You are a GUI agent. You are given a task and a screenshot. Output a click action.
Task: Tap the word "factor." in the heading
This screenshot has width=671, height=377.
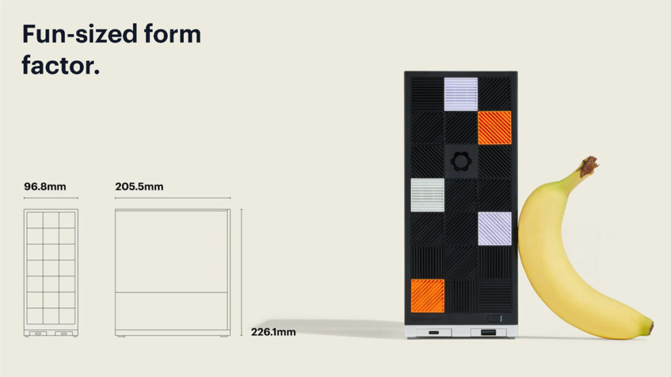[61, 65]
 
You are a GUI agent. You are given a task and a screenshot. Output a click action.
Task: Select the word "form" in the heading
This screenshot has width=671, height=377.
[172, 34]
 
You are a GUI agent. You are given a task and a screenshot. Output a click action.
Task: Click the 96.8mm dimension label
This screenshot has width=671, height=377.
[45, 187]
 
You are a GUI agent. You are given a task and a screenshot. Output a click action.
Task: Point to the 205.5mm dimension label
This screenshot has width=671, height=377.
[139, 187]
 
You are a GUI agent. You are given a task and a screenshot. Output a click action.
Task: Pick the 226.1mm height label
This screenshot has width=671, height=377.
[273, 332]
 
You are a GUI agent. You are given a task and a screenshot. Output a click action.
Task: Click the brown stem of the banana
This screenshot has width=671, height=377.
[589, 166]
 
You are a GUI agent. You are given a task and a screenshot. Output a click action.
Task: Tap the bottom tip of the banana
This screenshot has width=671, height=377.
[651, 329]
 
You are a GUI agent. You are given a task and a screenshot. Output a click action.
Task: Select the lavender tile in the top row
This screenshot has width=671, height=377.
[461, 94]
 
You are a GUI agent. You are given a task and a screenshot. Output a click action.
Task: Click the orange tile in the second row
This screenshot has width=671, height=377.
[495, 128]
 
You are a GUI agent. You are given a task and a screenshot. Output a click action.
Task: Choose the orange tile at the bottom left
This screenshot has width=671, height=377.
[427, 296]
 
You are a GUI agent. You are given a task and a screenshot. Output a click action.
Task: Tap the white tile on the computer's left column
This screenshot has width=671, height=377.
[427, 195]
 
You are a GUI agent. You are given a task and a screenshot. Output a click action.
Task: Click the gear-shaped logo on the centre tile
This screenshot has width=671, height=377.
[461, 162]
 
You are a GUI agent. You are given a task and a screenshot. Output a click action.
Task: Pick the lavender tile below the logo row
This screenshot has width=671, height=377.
[495, 228]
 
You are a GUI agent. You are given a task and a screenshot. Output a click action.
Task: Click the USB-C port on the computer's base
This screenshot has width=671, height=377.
[434, 332]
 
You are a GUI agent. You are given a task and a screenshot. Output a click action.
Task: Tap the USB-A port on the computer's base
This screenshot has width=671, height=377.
[488, 332]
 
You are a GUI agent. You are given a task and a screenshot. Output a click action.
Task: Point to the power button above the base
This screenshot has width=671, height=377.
[495, 319]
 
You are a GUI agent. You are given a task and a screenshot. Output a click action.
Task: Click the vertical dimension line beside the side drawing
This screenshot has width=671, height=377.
[241, 272]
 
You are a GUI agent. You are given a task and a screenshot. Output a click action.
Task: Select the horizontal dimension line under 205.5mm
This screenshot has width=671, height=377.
[173, 198]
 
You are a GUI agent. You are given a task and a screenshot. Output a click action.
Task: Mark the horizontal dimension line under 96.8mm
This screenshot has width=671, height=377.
[51, 198]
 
